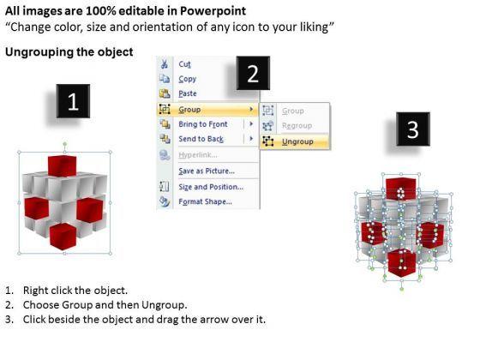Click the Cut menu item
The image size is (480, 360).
184,64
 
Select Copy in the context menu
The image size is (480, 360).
188,79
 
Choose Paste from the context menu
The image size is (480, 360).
188,93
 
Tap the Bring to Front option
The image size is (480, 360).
203,124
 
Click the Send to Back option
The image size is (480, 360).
201,139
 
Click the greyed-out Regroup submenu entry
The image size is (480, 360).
297,125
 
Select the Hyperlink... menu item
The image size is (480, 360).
198,155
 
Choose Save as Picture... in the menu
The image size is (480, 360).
207,171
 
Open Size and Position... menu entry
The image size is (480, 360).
211,187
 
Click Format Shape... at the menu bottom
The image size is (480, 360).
205,201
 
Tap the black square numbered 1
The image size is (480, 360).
73,101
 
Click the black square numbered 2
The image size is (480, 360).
253,73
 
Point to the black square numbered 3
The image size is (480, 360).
413,129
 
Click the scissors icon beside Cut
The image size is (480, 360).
165,63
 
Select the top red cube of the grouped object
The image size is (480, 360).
62,166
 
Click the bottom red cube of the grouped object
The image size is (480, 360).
63,236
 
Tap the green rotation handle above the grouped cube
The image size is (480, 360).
64,144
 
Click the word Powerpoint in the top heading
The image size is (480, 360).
213,11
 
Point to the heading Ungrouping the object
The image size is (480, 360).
69,51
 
